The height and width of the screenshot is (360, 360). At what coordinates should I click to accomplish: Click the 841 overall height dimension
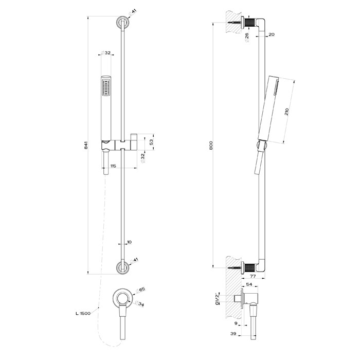86,146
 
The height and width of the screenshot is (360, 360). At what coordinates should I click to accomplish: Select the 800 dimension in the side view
211,145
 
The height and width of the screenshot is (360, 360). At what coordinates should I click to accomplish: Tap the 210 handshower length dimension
286,112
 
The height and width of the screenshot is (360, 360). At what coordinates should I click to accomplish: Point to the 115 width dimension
113,166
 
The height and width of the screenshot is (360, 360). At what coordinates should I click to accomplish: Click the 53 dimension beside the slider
151,142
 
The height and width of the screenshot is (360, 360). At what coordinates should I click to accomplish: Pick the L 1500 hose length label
83,313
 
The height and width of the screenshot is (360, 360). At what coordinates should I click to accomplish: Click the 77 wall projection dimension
253,276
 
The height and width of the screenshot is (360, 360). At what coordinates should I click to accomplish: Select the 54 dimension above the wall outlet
249,284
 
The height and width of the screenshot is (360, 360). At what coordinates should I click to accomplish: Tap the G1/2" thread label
217,299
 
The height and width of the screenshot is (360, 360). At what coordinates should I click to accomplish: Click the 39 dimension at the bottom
233,334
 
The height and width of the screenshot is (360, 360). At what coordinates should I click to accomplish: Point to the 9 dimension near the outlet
236,323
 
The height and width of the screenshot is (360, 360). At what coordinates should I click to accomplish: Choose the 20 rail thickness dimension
272,34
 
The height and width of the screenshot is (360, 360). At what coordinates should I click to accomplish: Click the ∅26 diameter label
247,37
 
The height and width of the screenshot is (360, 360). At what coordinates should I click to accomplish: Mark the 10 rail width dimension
129,242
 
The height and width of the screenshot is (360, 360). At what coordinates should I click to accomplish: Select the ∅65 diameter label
141,290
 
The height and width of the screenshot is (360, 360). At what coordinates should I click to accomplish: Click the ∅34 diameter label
139,303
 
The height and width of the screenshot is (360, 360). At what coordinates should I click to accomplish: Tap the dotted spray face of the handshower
106,88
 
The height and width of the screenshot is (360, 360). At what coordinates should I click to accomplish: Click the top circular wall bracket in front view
122,22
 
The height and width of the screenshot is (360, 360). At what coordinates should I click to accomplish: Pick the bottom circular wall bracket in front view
122,268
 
